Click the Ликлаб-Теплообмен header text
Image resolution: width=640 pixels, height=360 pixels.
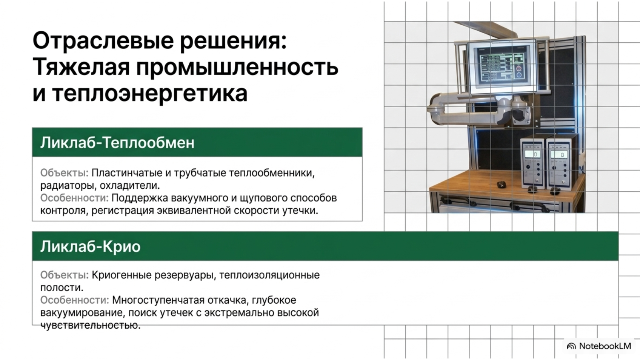click(x=117, y=142)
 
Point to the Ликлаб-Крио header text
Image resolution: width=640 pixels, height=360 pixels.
click(x=90, y=246)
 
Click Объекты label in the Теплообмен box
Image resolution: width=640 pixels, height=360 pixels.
click(x=64, y=173)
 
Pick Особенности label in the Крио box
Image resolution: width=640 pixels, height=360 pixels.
click(x=74, y=300)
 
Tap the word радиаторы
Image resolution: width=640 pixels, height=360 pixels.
click(x=68, y=186)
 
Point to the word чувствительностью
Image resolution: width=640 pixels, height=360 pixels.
click(x=90, y=326)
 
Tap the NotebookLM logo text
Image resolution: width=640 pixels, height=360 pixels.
click(x=605, y=346)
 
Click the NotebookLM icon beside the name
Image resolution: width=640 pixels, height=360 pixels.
click(x=571, y=346)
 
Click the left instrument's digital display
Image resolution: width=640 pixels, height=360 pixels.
click(x=533, y=154)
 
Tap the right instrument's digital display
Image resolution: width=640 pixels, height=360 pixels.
click(x=559, y=154)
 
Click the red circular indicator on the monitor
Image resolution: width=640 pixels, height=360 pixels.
click(x=519, y=68)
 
